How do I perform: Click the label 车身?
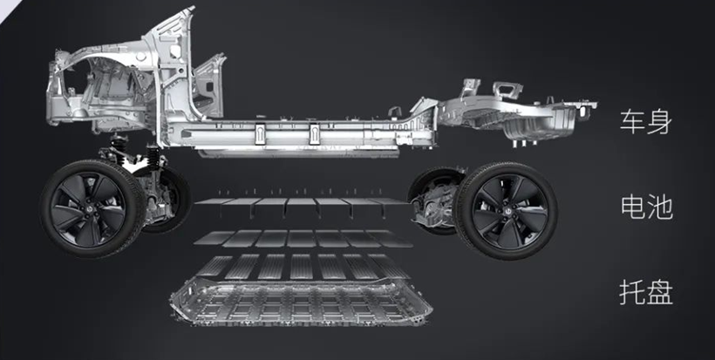646,122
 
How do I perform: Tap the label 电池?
646,207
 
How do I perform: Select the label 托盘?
646,292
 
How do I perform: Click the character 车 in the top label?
633,122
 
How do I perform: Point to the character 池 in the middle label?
660,207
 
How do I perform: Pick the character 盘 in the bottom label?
660,292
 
